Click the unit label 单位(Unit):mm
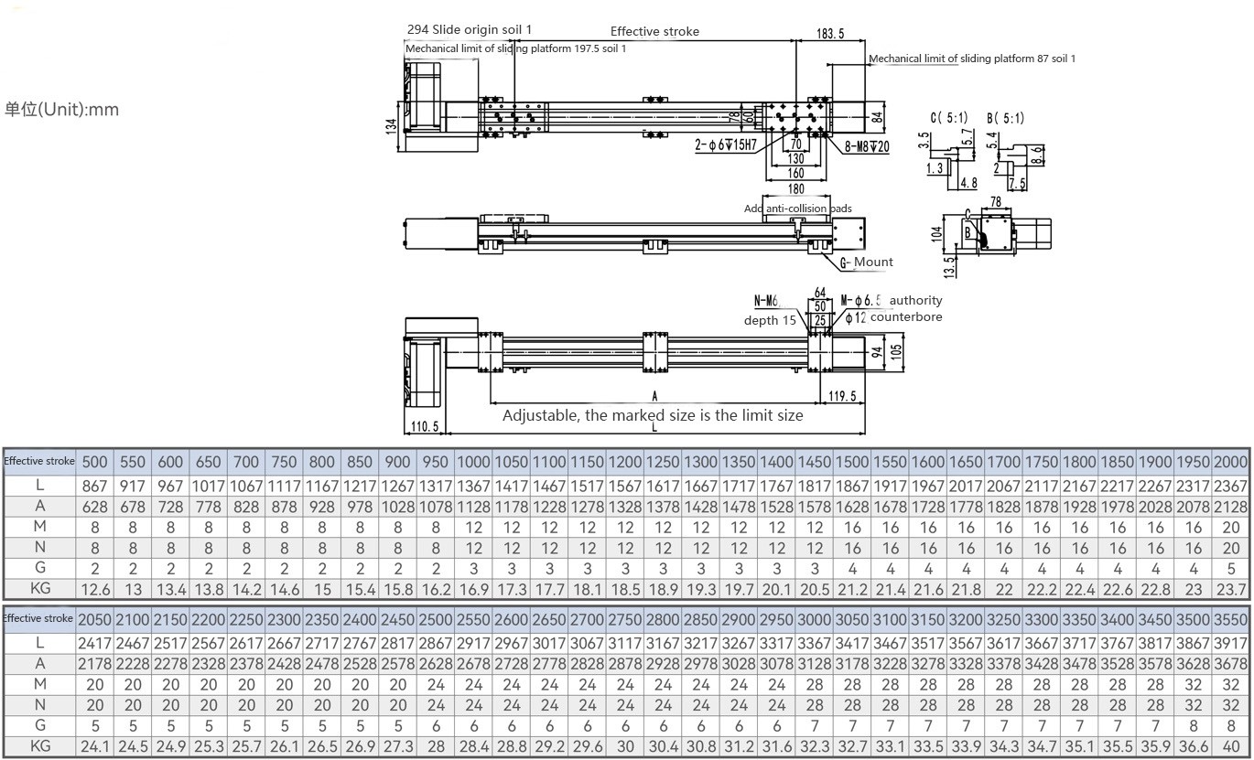61,110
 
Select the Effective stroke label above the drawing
654,31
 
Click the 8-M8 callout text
866,146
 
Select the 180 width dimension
795,189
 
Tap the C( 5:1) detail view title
949,118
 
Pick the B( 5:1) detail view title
1005,118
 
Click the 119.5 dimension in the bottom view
841,396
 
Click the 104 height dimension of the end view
936,232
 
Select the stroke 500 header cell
94,462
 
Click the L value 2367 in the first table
1231,486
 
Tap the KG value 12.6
94,590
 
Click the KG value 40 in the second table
1231,746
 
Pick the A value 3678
1231,663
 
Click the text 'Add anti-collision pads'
797,209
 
